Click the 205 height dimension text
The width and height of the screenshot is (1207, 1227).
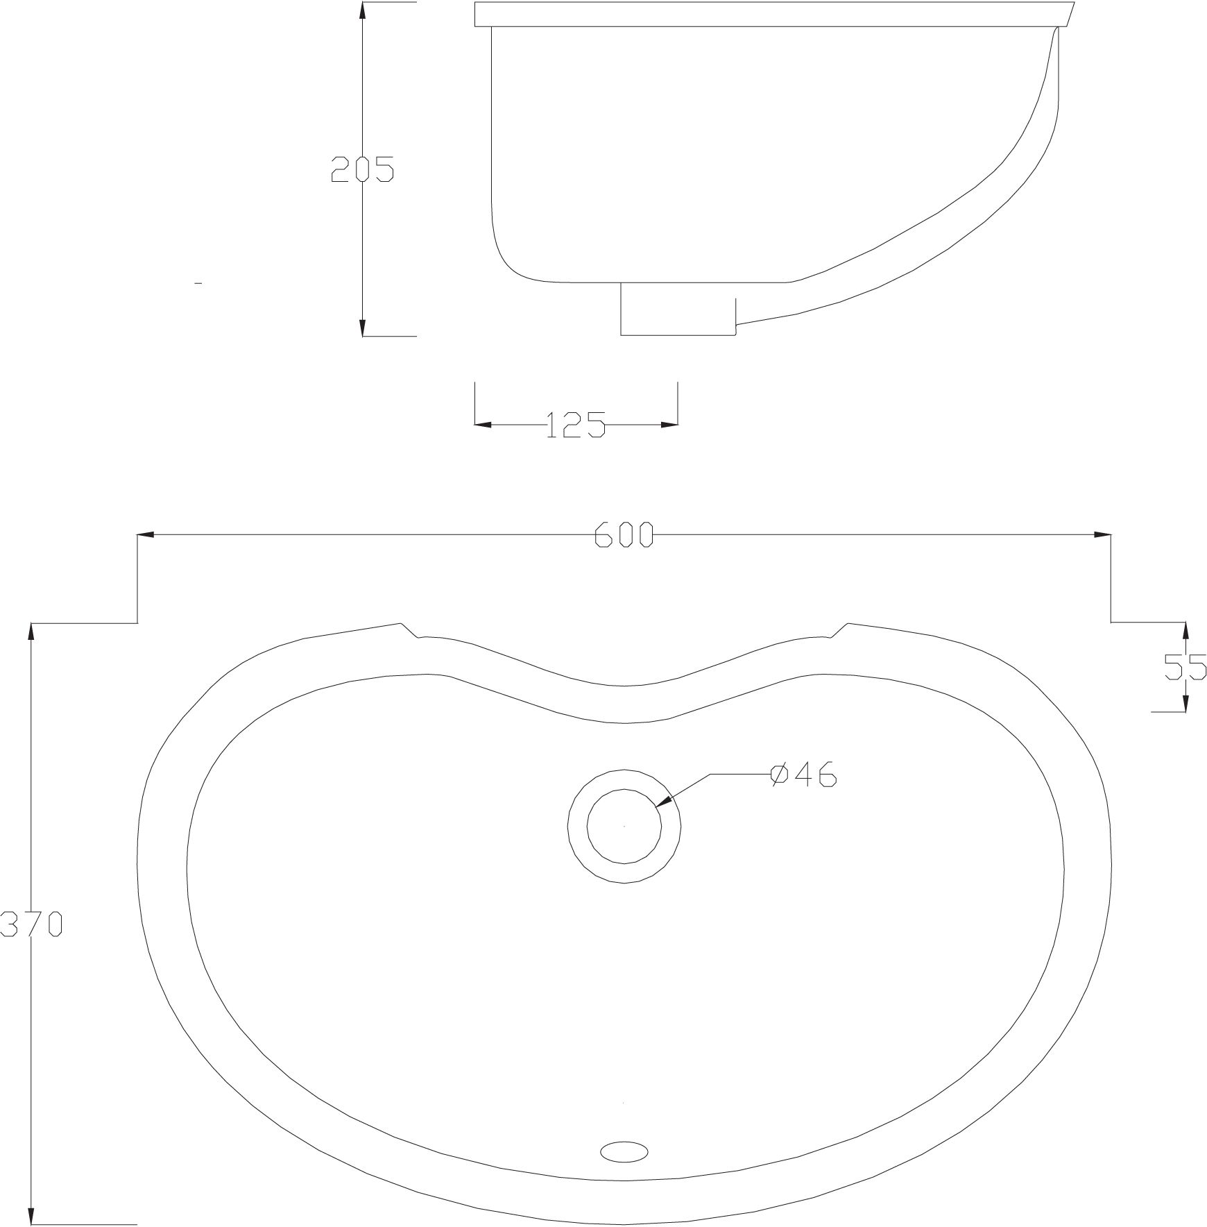362,169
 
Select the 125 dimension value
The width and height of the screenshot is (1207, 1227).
576,425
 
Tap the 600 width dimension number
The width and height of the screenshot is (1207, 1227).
624,534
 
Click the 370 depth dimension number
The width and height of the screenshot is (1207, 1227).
32,924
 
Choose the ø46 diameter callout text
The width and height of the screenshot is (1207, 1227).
803,775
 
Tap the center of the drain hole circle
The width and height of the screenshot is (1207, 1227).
624,826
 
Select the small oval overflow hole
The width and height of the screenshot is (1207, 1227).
624,1150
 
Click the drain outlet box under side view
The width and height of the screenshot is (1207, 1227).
676,309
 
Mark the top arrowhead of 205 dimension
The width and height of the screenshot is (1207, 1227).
362,10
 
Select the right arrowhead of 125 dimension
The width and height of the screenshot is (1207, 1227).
669,425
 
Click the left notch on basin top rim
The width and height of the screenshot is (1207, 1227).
409,630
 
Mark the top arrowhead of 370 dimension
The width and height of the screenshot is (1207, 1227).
31,632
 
